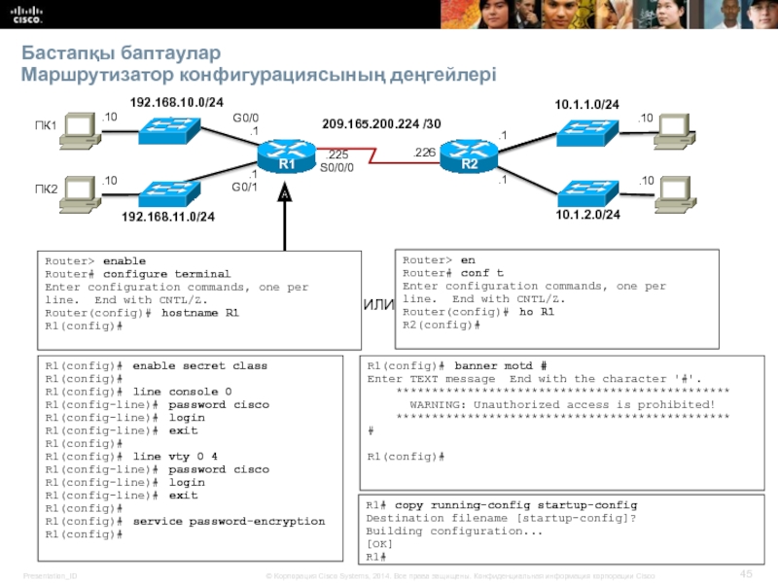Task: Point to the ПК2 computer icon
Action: pyautogui.click(x=78, y=194)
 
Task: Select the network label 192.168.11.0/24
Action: pyautogui.click(x=168, y=217)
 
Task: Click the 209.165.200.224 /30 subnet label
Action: pyautogui.click(x=381, y=124)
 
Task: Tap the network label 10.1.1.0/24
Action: pyautogui.click(x=587, y=103)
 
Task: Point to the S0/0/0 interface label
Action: pyautogui.click(x=336, y=167)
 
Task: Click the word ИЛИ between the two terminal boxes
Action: pyautogui.click(x=378, y=305)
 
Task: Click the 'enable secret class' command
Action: pyautogui.click(x=199, y=366)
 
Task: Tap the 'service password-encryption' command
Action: pyautogui.click(x=229, y=521)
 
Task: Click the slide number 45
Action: pyautogui.click(x=747, y=571)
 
